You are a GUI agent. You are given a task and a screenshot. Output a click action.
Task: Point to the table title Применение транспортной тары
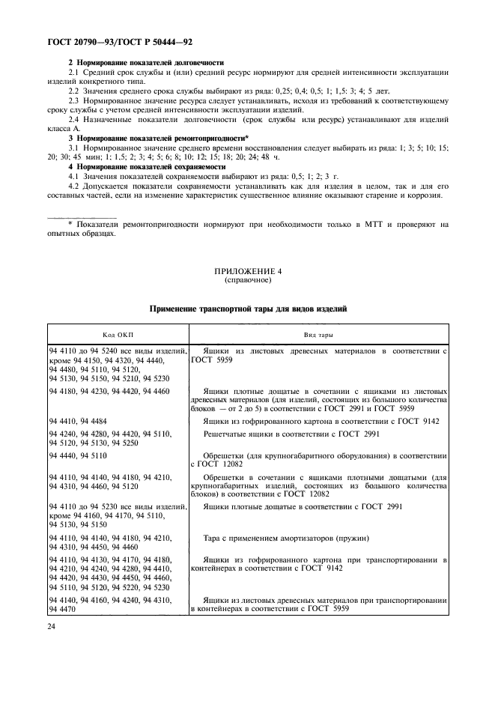(247, 309)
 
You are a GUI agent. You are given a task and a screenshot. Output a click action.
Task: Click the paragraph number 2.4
(74, 120)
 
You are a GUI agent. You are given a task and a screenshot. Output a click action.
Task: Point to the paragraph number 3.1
(74, 148)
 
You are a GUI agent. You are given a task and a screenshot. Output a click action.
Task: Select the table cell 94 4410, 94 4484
(78, 421)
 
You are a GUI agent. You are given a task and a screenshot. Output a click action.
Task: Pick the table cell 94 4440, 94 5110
(78, 455)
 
